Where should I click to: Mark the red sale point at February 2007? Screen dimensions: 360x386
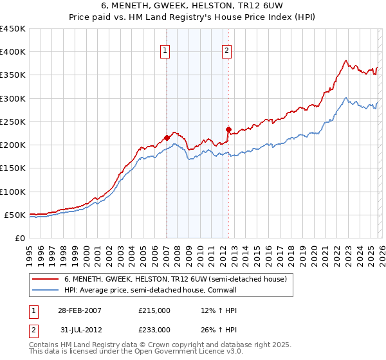[167, 138]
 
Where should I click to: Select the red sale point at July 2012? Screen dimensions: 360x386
[228, 129]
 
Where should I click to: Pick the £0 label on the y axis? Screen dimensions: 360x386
[19, 238]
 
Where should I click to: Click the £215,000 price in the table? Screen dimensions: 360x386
[154, 310]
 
